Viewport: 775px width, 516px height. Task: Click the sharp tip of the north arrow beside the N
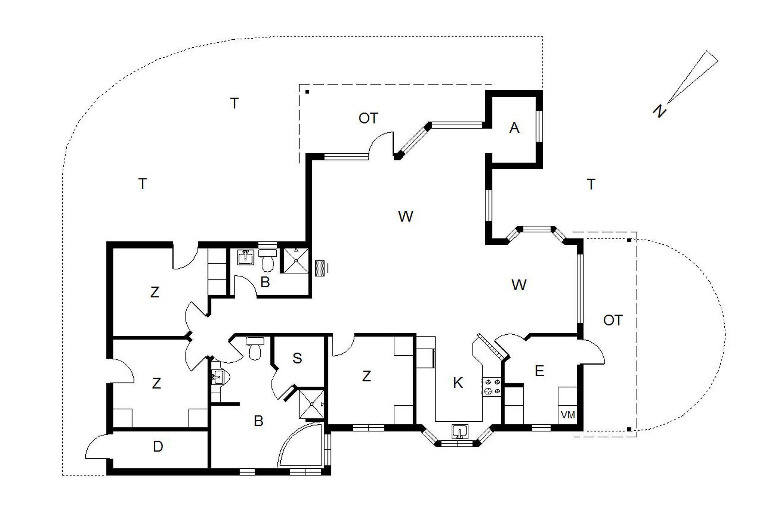[667, 103]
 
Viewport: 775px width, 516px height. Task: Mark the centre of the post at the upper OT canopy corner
[307, 92]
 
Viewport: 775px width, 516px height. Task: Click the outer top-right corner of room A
[542, 91]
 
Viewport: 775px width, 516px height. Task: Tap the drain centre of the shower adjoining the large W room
[296, 260]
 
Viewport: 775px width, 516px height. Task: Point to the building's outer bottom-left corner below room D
[107, 475]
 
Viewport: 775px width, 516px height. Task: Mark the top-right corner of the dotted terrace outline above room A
[543, 37]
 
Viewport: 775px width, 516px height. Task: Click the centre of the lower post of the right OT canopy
[629, 429]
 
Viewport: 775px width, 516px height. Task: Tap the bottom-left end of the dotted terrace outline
[63, 475]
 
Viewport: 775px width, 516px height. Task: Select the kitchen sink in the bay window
[460, 432]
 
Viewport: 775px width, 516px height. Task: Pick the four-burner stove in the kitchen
[493, 387]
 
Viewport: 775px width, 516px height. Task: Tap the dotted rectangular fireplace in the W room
[320, 268]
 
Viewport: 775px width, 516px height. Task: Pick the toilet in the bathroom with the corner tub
[255, 348]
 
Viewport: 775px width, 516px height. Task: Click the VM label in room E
[568, 415]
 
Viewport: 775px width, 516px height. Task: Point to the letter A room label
[514, 128]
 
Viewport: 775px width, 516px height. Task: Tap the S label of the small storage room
[297, 358]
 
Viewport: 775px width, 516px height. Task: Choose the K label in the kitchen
[458, 383]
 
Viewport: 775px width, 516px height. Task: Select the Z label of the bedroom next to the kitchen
[366, 376]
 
